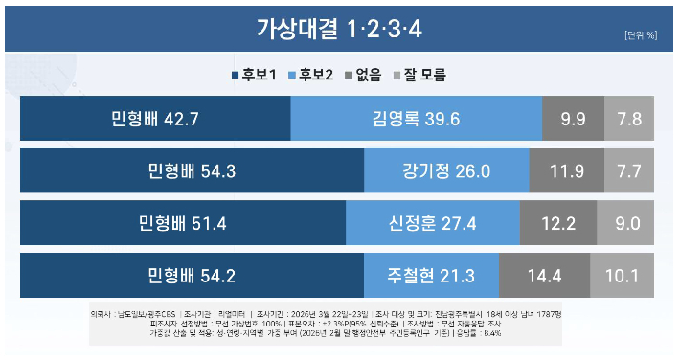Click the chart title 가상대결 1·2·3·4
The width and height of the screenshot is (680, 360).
click(x=338, y=29)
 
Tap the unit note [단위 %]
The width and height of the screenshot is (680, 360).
click(x=640, y=35)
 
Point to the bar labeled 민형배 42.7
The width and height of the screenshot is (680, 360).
click(x=155, y=119)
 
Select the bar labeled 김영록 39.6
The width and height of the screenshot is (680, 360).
click(x=416, y=119)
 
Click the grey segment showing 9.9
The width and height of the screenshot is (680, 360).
click(x=573, y=119)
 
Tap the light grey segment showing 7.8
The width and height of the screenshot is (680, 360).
click(x=629, y=119)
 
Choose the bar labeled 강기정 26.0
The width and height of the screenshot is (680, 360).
click(x=447, y=171)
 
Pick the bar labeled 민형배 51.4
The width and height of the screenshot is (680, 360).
click(x=183, y=223)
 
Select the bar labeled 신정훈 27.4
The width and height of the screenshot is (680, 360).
click(x=433, y=223)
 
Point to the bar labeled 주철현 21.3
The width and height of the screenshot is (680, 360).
click(x=431, y=276)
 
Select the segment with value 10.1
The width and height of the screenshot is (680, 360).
click(x=622, y=276)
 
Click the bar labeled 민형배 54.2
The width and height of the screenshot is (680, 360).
click(x=192, y=276)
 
